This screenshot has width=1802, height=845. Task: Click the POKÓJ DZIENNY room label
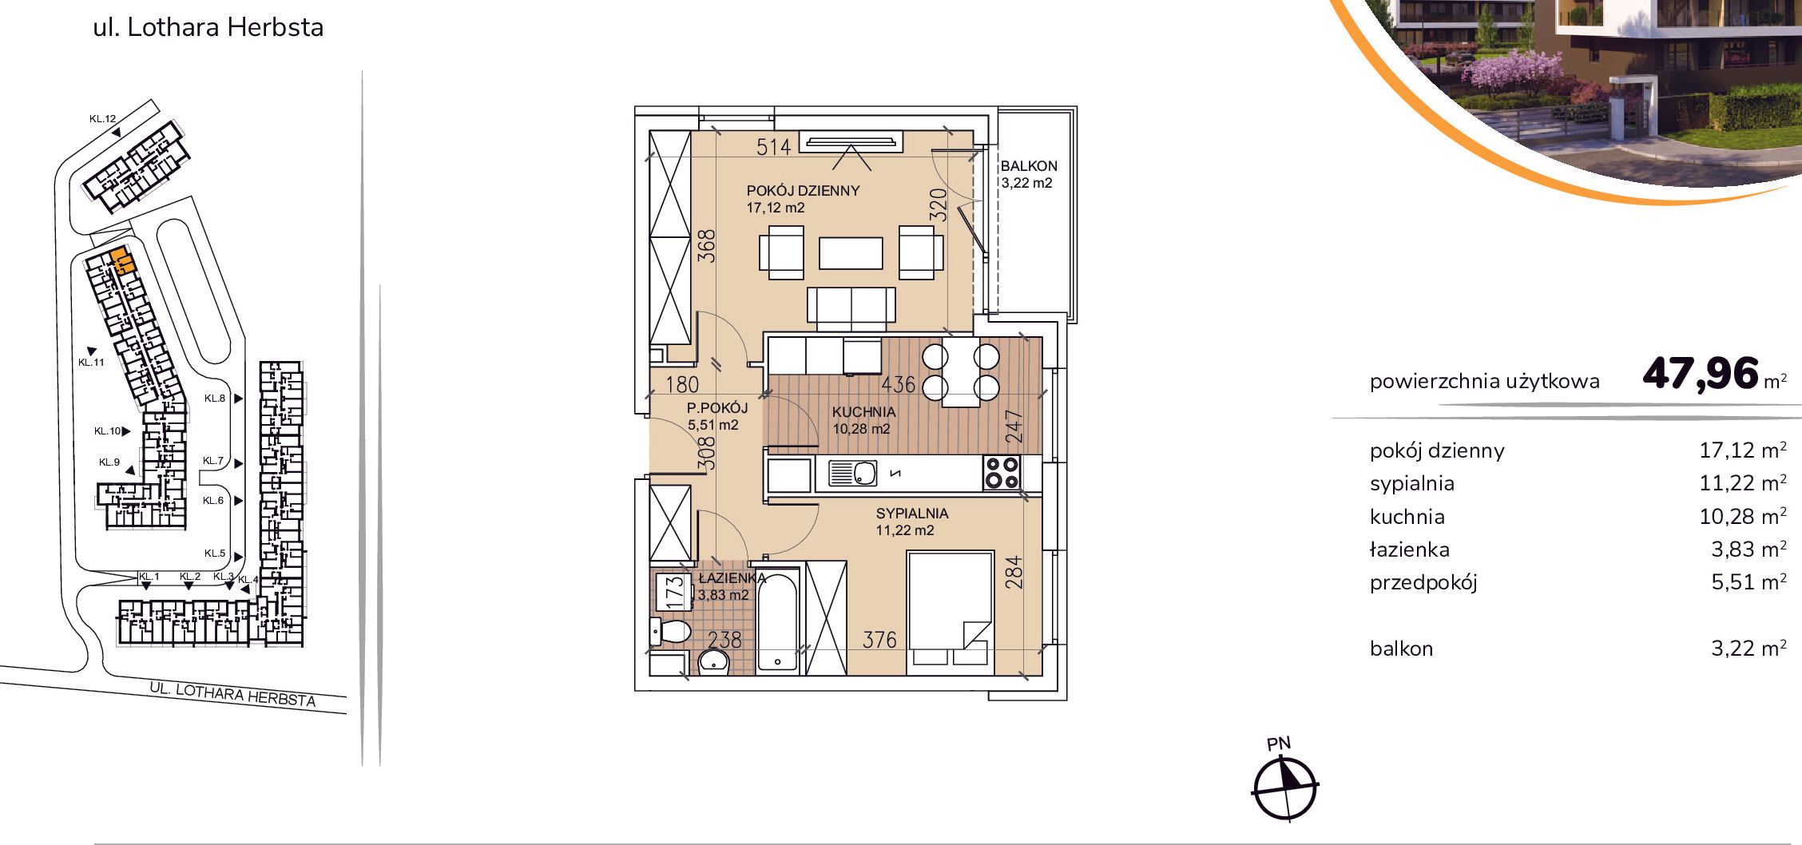tap(803, 191)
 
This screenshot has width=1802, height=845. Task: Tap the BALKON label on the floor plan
tap(1029, 166)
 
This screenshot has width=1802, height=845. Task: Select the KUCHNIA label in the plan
tap(863, 412)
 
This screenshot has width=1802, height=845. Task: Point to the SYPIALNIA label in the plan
tap(912, 514)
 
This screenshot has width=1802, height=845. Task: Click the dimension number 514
tap(773, 147)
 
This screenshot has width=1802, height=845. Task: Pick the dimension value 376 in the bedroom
tap(879, 640)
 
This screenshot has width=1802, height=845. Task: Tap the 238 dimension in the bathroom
tap(724, 640)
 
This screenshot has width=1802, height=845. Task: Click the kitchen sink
tap(852, 473)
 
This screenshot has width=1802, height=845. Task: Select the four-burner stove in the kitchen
tap(1002, 472)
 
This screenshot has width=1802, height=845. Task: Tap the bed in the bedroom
tap(951, 613)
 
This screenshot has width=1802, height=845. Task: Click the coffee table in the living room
tap(851, 253)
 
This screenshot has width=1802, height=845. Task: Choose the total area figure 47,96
tap(1701, 374)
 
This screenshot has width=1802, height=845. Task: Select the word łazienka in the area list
tap(1409, 549)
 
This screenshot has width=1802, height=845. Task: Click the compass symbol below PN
tap(1284, 789)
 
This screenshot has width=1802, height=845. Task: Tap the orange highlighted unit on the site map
tap(121, 261)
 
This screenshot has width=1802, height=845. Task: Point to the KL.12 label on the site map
tap(102, 119)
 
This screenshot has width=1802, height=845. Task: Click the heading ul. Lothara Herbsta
tap(208, 27)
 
